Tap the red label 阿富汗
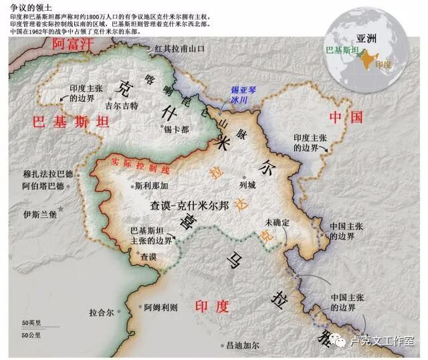(72, 45)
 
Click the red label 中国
(346, 117)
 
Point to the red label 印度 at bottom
(212, 306)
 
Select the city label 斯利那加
(151, 185)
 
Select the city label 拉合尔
(101, 312)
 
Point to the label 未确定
(276, 221)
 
